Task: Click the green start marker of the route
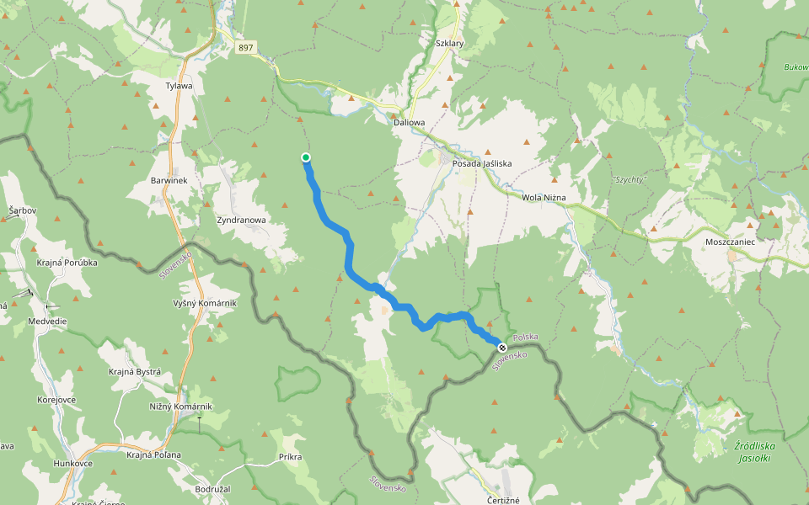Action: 306,157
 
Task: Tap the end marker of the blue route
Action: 502,347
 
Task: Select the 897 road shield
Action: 245,48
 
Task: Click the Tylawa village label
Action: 179,86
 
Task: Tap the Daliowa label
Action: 409,123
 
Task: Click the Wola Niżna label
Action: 544,198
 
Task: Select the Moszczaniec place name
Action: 730,241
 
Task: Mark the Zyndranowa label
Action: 241,221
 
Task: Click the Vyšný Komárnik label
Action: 205,303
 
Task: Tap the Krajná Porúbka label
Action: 67,263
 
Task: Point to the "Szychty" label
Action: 629,180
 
